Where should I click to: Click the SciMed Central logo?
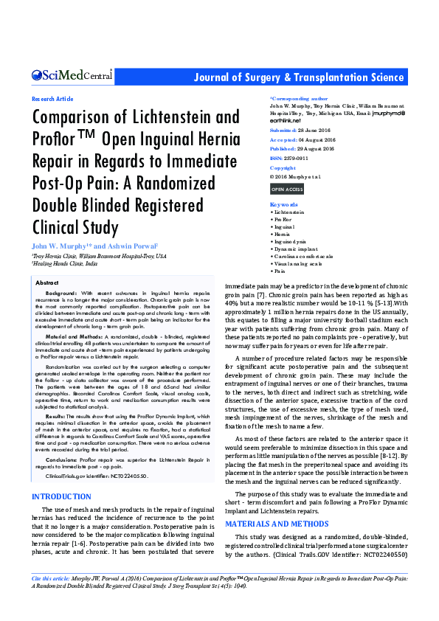[72, 75]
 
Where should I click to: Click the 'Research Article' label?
[52, 99]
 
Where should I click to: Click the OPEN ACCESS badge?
[287, 190]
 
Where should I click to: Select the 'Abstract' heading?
[47, 282]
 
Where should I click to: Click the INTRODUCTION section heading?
[63, 476]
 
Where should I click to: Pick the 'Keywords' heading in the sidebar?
[284, 204]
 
